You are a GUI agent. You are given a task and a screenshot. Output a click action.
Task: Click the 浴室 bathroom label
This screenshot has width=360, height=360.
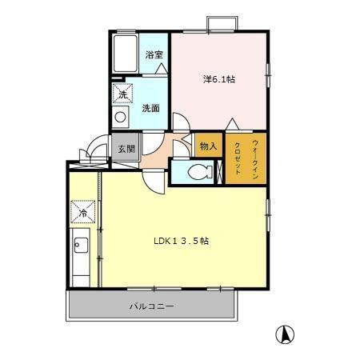154,55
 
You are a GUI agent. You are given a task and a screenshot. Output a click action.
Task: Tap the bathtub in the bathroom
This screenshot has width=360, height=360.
126,54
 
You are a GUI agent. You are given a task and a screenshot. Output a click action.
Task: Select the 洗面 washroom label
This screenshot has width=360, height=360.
151,108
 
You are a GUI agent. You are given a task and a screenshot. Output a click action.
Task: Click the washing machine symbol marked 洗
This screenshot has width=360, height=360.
122,93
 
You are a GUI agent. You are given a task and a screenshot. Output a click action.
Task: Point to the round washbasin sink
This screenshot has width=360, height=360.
120,117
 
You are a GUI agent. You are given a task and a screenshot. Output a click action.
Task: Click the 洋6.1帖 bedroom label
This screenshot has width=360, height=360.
219,79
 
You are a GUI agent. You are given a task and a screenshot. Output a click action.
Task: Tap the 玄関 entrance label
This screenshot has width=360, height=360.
126,149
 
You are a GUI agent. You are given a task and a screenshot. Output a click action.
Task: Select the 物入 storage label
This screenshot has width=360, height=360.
209,146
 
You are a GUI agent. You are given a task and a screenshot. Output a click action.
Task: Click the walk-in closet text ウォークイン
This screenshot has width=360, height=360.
255,159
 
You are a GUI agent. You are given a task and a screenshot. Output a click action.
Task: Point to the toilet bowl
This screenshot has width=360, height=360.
198,172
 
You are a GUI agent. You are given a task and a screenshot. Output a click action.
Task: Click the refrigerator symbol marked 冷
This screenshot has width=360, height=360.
82,212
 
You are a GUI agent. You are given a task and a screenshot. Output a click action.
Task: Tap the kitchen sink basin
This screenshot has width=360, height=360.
81,245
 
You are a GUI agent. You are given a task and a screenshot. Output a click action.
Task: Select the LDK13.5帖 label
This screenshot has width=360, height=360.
182,241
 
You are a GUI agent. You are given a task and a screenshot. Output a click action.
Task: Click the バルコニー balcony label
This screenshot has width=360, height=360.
151,306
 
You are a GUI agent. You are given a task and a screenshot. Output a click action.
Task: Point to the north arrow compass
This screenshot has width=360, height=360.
285,334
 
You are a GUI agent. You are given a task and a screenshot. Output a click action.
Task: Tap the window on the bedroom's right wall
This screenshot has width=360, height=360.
268,75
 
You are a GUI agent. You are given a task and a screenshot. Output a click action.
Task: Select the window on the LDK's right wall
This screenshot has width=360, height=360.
268,214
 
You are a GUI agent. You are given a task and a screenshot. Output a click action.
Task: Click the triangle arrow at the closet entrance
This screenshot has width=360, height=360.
232,124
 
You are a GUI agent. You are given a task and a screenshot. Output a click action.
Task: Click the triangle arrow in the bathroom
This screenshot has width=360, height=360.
162,69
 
